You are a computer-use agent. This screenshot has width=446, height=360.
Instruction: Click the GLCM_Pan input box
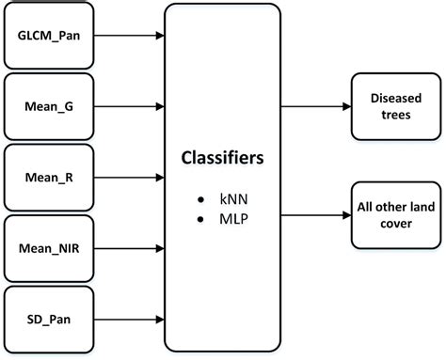pos(48,38)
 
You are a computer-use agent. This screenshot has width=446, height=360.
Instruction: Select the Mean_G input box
pos(48,107)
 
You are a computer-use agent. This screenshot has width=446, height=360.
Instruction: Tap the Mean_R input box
pos(48,177)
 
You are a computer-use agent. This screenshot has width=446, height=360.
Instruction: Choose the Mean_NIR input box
pos(48,248)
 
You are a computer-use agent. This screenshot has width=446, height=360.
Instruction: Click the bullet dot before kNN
pos(200,201)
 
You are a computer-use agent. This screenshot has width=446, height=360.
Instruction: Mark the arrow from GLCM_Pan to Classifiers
pos(129,38)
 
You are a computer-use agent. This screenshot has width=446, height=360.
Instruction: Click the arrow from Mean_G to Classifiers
pos(129,107)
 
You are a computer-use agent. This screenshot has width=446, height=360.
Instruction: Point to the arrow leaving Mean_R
pos(129,177)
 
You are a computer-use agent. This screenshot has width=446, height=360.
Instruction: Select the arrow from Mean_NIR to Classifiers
pos(129,248)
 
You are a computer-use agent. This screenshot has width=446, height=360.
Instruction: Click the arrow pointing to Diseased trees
pos(314,106)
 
